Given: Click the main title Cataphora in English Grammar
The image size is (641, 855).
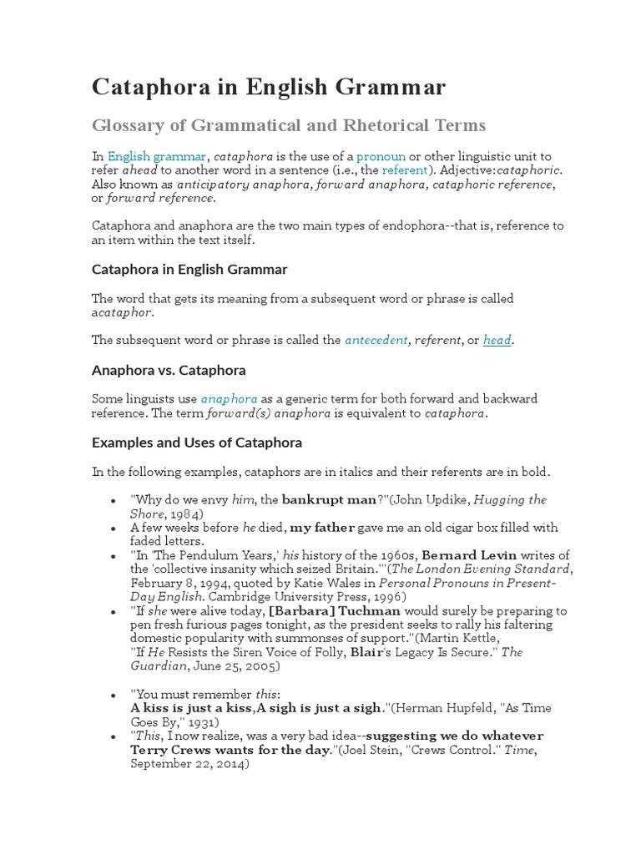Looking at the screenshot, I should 268,87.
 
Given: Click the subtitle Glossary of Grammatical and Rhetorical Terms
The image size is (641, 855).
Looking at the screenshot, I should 288,125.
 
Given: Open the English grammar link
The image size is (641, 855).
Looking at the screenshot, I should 157,156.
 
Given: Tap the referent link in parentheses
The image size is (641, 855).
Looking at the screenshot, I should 404,169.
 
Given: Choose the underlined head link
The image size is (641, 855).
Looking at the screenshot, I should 497,340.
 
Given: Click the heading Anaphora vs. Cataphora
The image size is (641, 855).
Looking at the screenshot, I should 169,369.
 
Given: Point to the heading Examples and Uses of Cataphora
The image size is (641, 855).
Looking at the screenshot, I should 197,442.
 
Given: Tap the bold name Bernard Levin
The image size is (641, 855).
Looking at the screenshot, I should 470,555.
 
